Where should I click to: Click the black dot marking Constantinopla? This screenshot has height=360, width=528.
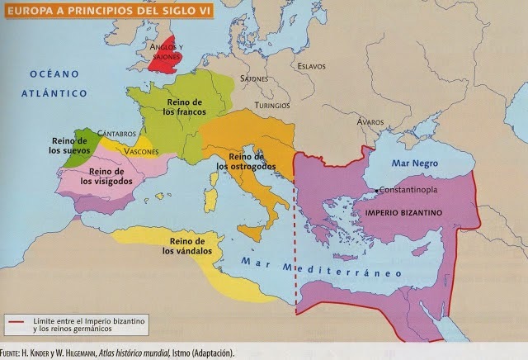(x=375, y=192)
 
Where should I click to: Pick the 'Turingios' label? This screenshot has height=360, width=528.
(x=272, y=106)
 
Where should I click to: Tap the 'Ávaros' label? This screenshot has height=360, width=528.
(x=346, y=121)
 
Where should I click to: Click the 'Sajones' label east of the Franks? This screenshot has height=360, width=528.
(x=254, y=78)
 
